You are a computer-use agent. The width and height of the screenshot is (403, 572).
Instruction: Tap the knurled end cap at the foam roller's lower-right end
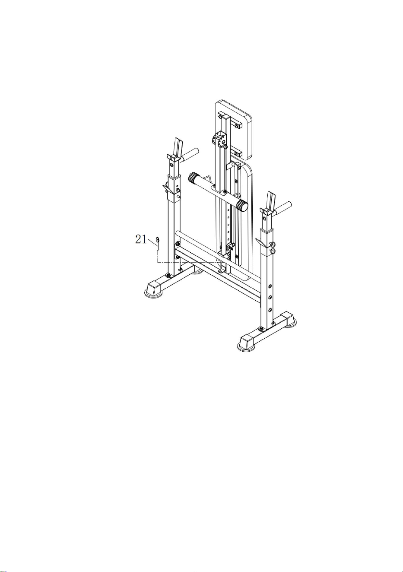coord(242,205)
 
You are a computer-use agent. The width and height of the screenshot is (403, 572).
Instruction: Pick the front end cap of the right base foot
coord(247,341)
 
